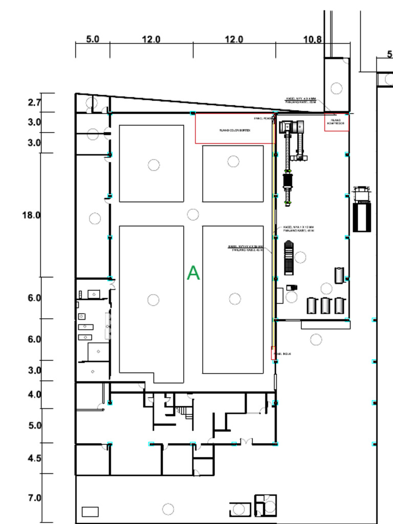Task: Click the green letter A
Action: pos(193,273)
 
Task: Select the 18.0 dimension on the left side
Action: pos(31,215)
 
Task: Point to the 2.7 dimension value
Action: pos(34,102)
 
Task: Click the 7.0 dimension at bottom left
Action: pos(34,498)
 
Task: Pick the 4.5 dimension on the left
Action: pos(34,458)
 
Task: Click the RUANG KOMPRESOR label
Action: pos(337,122)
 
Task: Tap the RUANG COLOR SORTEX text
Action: pos(234,130)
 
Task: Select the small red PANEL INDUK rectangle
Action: pos(273,353)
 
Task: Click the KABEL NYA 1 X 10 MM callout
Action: pos(298,229)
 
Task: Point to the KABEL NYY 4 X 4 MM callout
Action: pos(301,100)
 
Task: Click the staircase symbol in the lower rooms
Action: pos(185,411)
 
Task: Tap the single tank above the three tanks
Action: pos(339,275)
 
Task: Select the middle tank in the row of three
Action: pos(325,305)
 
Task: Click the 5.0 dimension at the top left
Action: pos(93,39)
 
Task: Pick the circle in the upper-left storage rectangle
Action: pos(154,165)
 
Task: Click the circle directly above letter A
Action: pos(193,214)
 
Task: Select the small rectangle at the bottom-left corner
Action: pos(90,511)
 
